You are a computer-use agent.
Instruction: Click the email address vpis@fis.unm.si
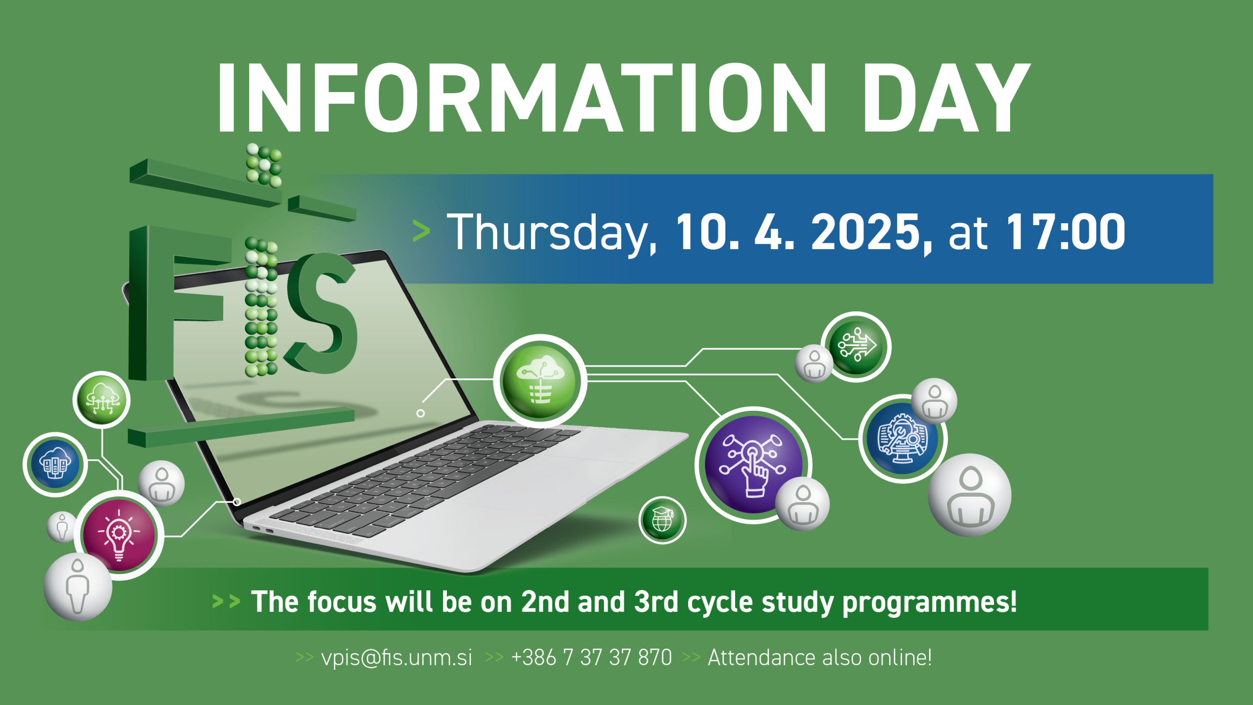click(396, 658)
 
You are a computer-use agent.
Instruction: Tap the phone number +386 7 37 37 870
click(591, 658)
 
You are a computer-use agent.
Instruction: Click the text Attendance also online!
click(820, 658)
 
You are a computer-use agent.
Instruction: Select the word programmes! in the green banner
click(929, 602)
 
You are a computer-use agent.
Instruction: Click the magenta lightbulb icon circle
click(119, 535)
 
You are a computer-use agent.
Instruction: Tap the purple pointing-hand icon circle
click(754, 465)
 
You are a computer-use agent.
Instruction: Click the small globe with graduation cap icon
click(662, 520)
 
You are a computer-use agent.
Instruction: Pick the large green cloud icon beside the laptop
click(540, 381)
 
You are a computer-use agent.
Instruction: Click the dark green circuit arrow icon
click(857, 347)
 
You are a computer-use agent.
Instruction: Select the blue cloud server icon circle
click(55, 464)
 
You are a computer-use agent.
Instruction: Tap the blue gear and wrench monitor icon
click(903, 439)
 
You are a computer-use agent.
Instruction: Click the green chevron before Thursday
click(421, 231)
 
